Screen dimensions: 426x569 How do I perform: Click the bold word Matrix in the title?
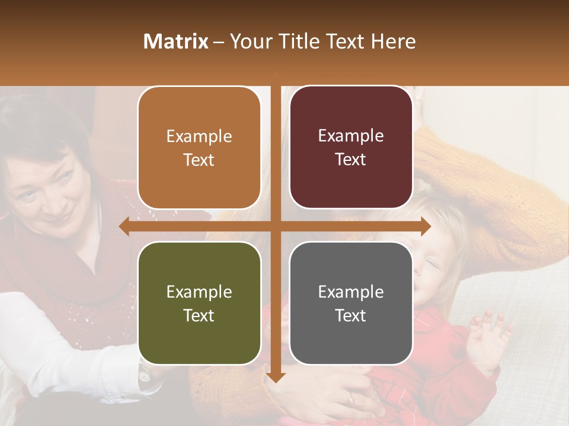point(176,41)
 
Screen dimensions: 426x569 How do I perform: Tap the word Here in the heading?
point(393,41)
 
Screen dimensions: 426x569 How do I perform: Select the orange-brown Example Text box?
point(199,148)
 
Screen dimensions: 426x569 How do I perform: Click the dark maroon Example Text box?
point(351,147)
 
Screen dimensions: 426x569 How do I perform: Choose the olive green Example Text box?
point(199,304)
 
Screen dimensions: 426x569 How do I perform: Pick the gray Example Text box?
point(351,304)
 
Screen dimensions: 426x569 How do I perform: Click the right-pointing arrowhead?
point(425,226)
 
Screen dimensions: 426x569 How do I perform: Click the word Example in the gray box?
point(351,292)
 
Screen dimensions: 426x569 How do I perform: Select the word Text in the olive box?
point(199,315)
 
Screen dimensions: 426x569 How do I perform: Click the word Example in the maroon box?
point(351,135)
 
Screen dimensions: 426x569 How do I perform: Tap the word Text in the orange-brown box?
point(199,160)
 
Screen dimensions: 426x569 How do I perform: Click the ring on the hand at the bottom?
point(350,399)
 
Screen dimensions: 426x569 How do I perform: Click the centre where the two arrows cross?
point(275,226)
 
